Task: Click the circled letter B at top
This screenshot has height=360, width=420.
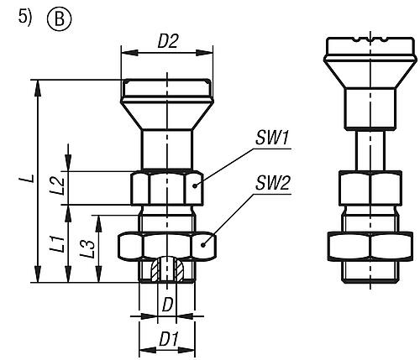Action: [60, 19]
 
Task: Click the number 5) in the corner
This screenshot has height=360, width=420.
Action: [25, 17]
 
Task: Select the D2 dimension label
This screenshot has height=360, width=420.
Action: [167, 41]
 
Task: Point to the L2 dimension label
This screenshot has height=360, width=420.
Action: [59, 186]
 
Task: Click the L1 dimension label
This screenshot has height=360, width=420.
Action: [60, 243]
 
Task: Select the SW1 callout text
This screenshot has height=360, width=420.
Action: [272, 138]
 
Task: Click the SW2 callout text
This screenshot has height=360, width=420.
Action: [272, 183]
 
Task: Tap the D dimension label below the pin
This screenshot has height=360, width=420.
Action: [167, 305]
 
